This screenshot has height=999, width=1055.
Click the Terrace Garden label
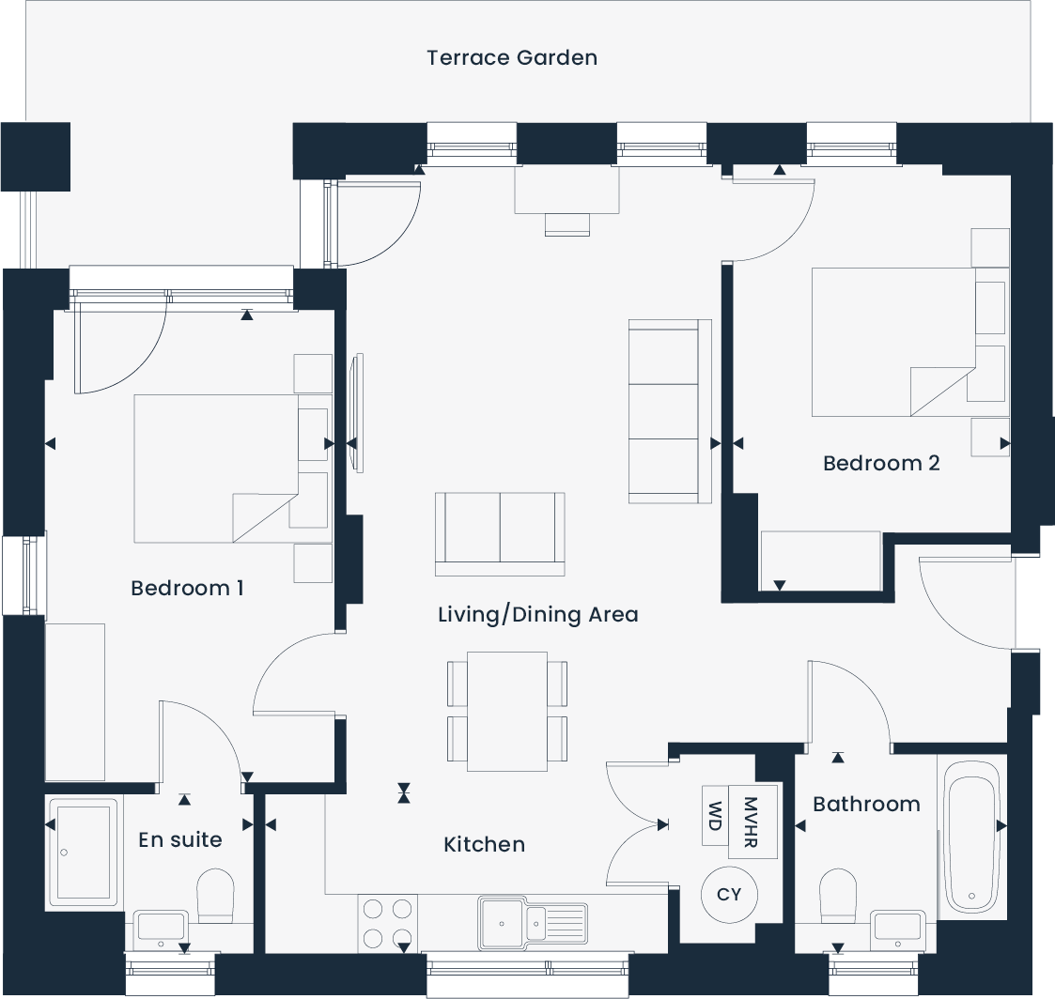pos(512,57)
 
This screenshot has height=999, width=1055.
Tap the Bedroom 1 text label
pos(187,589)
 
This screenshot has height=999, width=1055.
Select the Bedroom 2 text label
pos(880,463)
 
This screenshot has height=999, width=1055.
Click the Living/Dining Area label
pos(537,615)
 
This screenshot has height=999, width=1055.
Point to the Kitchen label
pos(484,845)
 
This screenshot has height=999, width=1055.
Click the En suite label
pos(179,839)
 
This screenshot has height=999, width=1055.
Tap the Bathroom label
pos(866,805)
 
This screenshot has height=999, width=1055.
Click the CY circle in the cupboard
pos(729,895)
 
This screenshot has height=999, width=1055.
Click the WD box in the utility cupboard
pos(716,816)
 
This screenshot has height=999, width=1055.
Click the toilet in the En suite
pos(215,894)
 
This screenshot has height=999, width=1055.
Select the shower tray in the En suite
pos(84,852)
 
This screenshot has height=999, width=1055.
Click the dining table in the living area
pos(507,711)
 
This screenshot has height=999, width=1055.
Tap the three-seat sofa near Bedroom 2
pos(669,411)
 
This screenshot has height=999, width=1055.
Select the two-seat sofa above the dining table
pos(500,532)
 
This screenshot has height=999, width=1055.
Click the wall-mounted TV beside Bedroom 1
pos(355,412)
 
